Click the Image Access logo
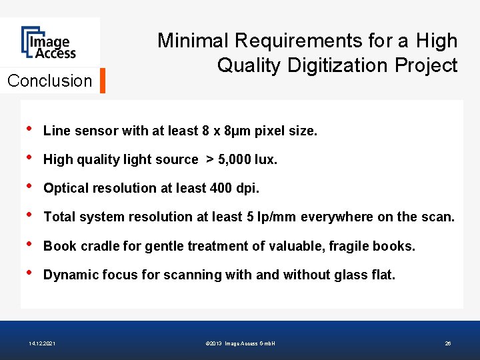pos(48,43)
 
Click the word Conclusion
pos(49,81)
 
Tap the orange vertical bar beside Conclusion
pos(103,81)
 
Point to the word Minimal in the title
pos(193,41)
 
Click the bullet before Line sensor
pos(27,129)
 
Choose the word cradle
pos(97,246)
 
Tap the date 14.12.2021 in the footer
pos(42,343)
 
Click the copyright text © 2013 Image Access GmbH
pos(241,343)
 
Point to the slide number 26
pos(448,343)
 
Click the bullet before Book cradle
pos(27,245)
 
